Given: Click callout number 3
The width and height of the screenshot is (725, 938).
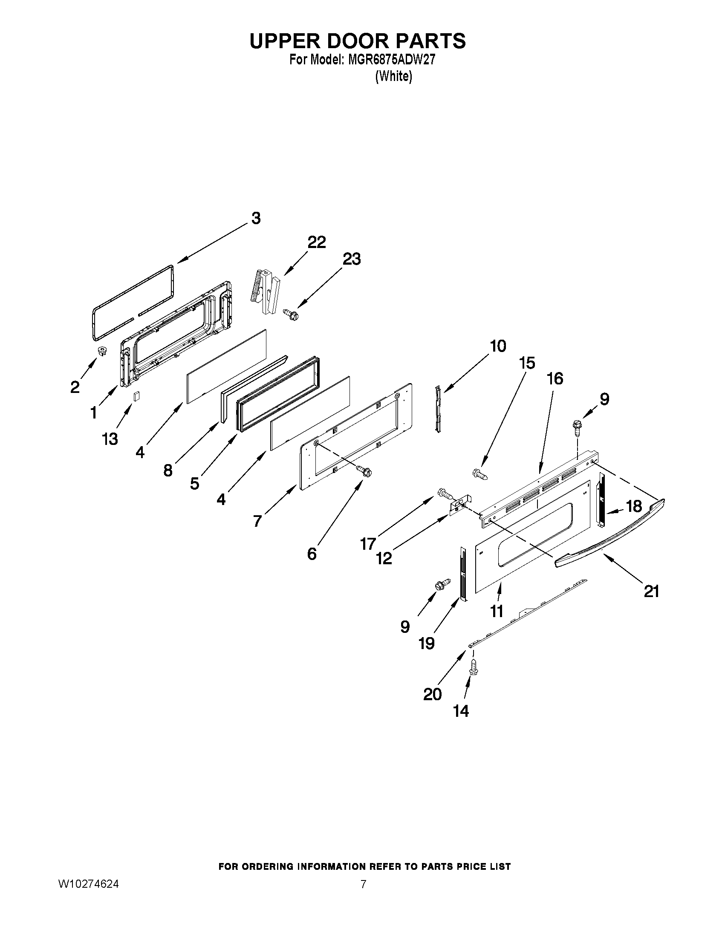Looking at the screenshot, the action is [256, 218].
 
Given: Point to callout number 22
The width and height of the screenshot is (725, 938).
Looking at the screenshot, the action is [317, 242].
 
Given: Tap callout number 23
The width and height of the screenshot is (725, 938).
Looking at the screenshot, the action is [351, 259].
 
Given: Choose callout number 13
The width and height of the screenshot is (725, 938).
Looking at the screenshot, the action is [110, 439].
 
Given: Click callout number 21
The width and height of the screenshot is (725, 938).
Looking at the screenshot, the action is [651, 592].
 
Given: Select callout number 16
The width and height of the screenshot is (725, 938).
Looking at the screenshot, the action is [555, 378].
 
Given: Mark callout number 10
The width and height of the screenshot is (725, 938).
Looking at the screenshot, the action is [498, 346].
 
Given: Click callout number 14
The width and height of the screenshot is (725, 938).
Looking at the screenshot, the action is [461, 711].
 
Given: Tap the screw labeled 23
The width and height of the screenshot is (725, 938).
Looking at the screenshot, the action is [291, 315].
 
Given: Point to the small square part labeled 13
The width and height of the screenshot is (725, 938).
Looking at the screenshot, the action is [136, 396].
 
